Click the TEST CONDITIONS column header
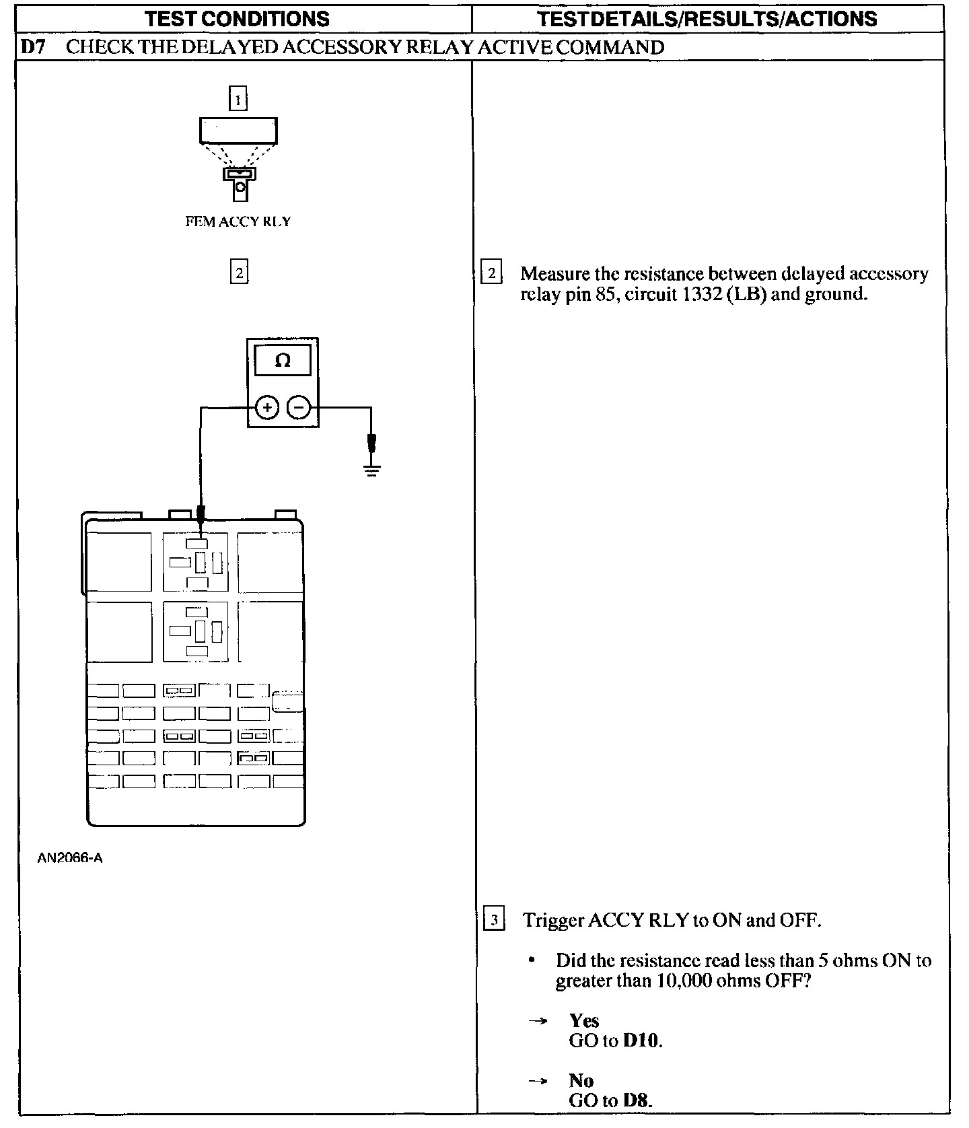coord(237,18)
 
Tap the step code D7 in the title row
coord(32,47)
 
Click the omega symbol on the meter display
coord(283,361)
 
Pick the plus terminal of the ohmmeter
coord(267,407)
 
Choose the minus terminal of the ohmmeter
coord(299,407)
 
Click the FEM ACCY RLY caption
coord(238,221)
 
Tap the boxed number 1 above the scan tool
coord(238,100)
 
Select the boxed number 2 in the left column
coord(239,272)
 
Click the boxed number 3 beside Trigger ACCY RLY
coord(494,919)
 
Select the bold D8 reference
coord(637,1100)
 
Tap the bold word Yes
coord(583,1020)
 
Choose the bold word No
coord(581,1081)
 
